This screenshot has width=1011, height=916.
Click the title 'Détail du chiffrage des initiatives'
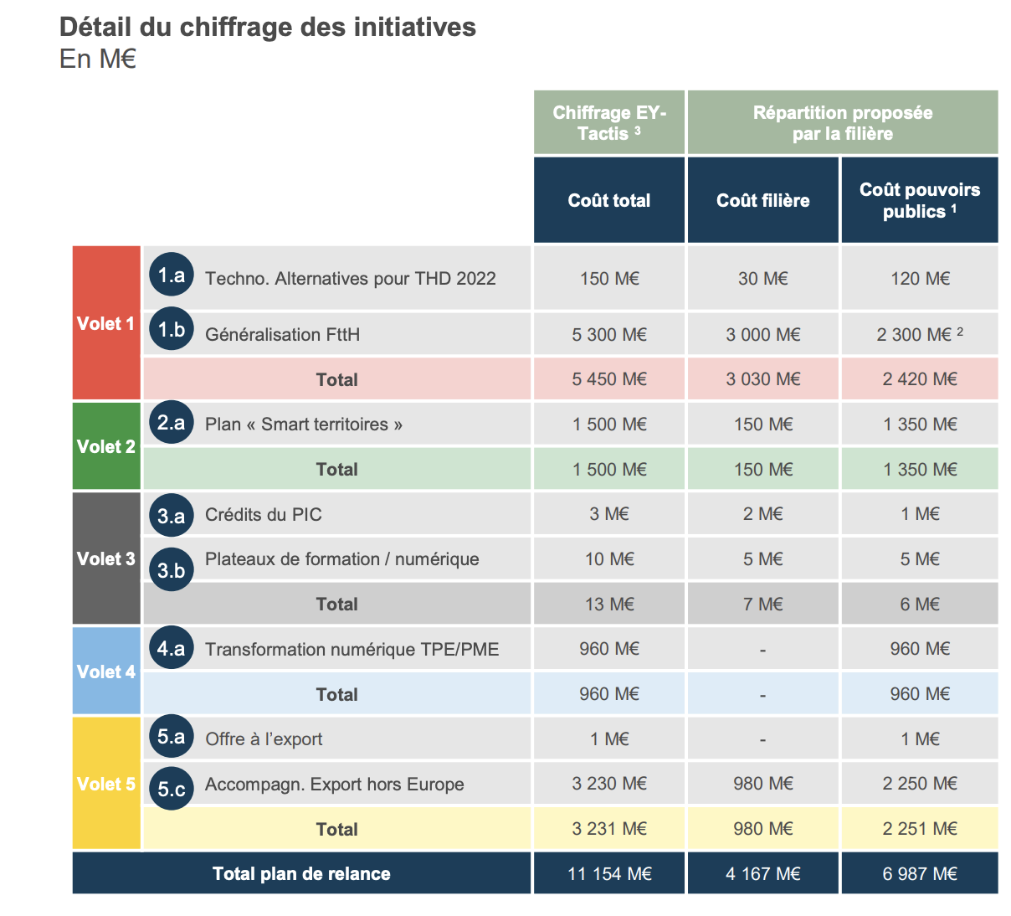click(267, 28)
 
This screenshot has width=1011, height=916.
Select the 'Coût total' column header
click(608, 200)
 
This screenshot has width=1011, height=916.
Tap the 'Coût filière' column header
click(762, 200)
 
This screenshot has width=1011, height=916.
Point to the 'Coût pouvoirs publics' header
click(919, 200)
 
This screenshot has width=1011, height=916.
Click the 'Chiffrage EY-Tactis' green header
click(608, 123)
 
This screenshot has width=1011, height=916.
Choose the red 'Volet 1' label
click(105, 323)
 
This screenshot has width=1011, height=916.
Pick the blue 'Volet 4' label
click(105, 672)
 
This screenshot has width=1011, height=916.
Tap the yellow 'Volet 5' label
click(105, 784)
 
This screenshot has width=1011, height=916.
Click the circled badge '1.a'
click(172, 275)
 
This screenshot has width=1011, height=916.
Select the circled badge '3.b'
click(172, 569)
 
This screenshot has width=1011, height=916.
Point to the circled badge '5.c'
click(172, 789)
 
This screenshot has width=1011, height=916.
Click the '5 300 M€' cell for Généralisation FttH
click(608, 335)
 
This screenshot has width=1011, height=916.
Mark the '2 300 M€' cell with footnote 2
click(919, 335)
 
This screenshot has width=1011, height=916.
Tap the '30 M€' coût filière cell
click(762, 279)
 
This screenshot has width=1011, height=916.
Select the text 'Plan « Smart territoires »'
click(304, 425)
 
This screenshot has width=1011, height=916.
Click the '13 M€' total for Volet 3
click(608, 605)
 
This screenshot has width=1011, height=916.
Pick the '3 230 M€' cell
click(608, 784)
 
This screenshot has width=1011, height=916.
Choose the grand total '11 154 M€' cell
click(608, 874)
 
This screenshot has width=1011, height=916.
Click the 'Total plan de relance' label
click(301, 874)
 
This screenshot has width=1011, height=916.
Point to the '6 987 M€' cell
click(919, 874)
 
